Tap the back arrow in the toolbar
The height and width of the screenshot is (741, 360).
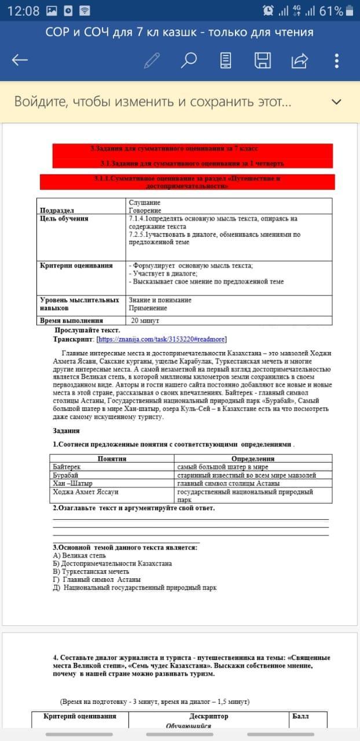20,60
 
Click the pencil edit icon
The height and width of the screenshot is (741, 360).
152,60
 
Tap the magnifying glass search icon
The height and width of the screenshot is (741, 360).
189,60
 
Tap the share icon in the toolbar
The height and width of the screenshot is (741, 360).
300,60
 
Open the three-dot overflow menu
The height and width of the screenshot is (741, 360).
337,60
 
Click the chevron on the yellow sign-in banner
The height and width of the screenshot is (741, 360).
336,102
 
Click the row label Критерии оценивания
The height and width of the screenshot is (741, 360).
76,266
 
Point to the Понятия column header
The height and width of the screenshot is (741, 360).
112,458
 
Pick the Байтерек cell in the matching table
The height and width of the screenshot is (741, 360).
67,467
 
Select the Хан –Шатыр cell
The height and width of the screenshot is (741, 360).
72,483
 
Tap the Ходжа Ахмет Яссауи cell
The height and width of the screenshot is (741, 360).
85,492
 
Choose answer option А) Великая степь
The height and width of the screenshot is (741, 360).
79,555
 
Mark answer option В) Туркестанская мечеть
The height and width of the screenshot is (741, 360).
91,571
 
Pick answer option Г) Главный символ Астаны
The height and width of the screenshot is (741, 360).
97,579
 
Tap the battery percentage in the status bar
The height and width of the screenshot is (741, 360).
331,11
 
